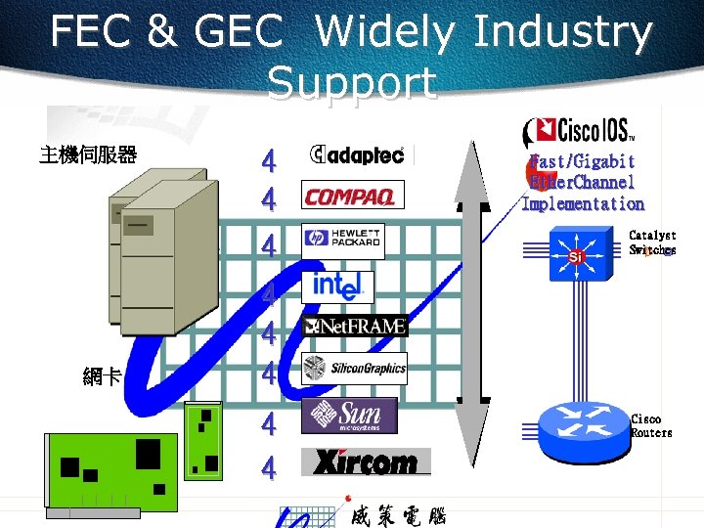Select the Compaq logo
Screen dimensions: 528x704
pyautogui.click(x=350, y=198)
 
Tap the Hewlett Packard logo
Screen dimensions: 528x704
pyautogui.click(x=342, y=241)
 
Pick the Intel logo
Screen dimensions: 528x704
pyautogui.click(x=338, y=286)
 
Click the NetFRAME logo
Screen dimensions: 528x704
pyautogui.click(x=355, y=327)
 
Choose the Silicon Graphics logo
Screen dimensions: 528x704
pyautogui.click(x=354, y=369)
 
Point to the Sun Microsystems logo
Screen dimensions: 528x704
pyautogui.click(x=348, y=416)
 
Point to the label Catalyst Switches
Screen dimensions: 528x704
pyautogui.click(x=651, y=242)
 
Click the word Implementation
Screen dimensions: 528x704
pyautogui.click(x=583, y=204)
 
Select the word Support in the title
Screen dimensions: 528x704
pyautogui.click(x=351, y=83)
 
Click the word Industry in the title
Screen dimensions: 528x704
pyautogui.click(x=561, y=33)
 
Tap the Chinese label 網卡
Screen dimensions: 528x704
pyautogui.click(x=103, y=375)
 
